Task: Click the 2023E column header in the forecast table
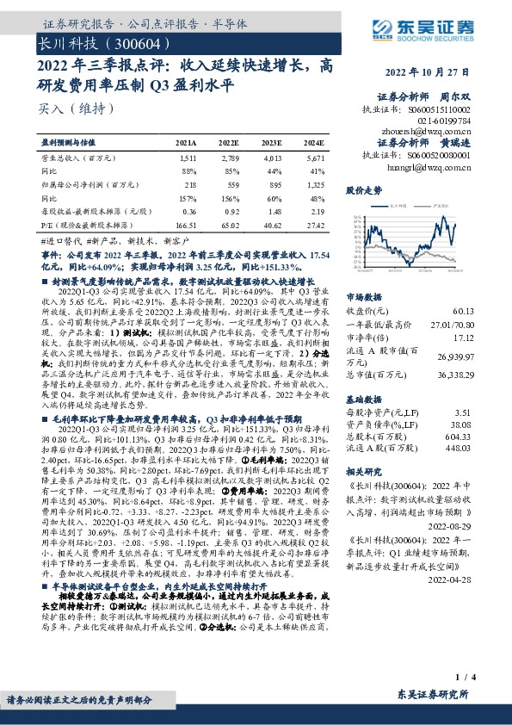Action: click(x=273, y=141)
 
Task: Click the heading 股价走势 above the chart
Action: click(x=364, y=189)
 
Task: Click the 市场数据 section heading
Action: click(x=365, y=296)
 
